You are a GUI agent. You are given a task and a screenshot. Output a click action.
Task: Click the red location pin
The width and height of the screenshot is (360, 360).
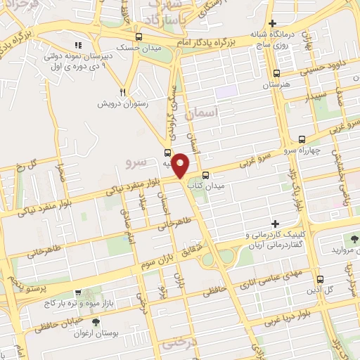[x=181, y=166]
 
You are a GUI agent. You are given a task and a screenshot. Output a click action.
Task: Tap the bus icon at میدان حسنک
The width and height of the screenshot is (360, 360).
[x=139, y=37]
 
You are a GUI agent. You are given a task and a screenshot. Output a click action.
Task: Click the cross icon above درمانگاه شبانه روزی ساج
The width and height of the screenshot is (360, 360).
[x=273, y=23]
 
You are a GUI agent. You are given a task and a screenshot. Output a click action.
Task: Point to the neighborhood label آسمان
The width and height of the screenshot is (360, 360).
[x=204, y=112]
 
